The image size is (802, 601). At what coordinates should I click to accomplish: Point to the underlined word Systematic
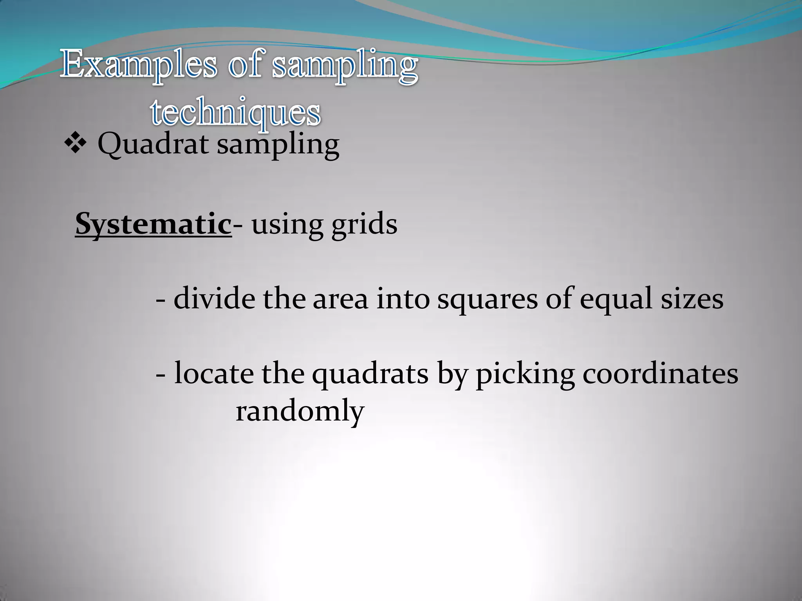click(153, 225)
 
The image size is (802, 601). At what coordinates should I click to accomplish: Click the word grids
click(364, 225)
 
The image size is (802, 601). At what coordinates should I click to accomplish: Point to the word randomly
click(300, 412)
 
